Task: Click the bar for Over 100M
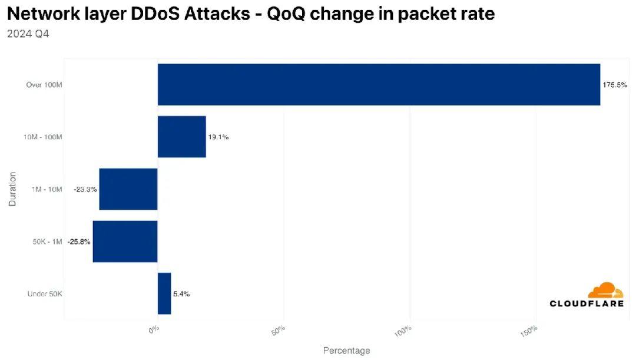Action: point(379,84)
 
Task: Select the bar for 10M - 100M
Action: point(181,137)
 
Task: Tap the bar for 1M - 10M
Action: point(128,189)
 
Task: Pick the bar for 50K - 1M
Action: point(125,242)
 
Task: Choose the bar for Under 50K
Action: point(164,293)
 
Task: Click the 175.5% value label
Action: point(614,85)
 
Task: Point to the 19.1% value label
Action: point(218,137)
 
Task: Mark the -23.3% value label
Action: point(85,190)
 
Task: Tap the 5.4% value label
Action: point(181,294)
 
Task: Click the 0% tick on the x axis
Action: point(154,330)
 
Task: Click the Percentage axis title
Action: point(346,351)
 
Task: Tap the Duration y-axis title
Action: point(12,189)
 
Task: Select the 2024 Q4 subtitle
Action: point(28,34)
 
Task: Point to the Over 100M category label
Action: point(44,85)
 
